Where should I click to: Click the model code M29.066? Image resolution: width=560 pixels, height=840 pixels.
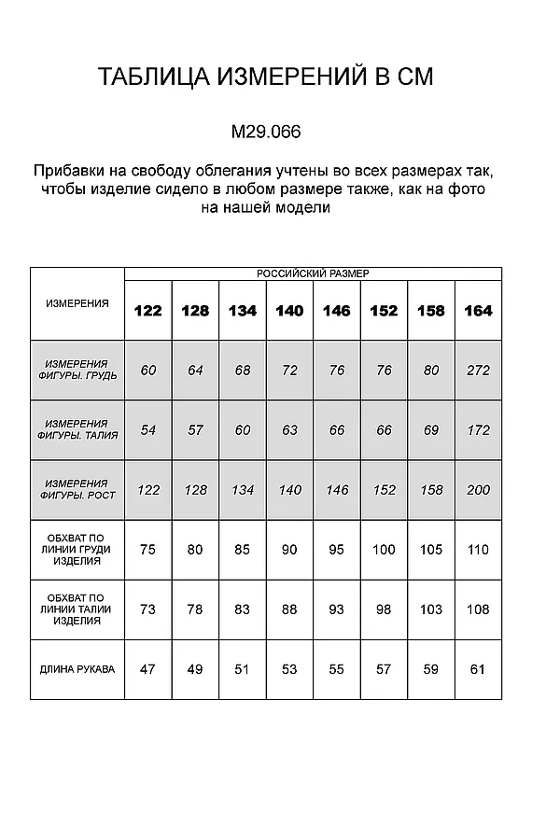tap(265, 133)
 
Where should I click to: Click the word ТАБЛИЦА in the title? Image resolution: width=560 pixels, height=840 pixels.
tap(154, 77)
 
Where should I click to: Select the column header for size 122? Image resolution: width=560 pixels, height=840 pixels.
tap(147, 311)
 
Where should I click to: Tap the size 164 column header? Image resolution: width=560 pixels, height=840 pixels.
tap(478, 311)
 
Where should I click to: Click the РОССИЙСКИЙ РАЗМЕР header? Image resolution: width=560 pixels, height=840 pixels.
tap(313, 273)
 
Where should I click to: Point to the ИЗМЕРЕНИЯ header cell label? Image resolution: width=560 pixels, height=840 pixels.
tap(77, 303)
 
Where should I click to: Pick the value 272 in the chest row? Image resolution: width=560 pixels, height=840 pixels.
tap(478, 371)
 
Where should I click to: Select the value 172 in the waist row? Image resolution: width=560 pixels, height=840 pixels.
tap(478, 430)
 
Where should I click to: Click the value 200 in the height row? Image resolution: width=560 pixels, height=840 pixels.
tap(478, 490)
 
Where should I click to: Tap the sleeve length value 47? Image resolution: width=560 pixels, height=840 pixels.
tap(147, 669)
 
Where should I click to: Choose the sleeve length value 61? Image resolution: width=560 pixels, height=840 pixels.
tap(478, 669)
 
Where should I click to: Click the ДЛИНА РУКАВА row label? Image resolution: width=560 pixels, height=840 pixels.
tap(77, 669)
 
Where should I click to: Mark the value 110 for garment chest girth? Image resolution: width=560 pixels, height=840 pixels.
tap(478, 550)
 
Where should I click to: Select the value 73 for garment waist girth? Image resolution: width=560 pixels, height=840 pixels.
tap(147, 609)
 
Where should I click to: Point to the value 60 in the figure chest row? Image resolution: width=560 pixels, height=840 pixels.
tap(147, 371)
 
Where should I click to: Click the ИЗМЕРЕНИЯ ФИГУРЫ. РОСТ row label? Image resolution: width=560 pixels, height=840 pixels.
tap(77, 489)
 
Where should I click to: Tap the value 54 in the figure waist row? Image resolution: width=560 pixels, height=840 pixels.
tap(147, 430)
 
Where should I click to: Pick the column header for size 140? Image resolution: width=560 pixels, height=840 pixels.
tap(289, 311)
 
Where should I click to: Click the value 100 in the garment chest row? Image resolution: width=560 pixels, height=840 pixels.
tap(384, 550)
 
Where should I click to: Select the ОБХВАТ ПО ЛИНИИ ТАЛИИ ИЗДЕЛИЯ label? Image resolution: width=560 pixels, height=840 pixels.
tap(77, 609)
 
